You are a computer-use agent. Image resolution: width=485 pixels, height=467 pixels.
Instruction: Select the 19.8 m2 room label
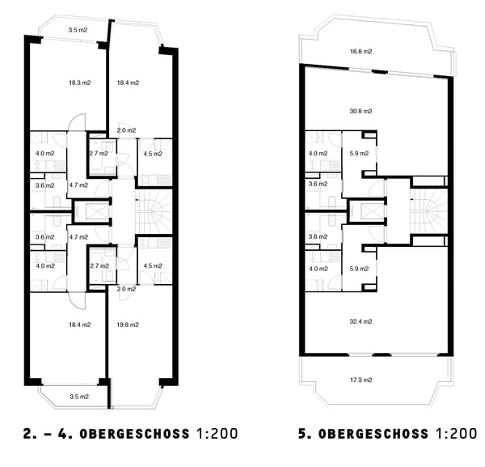128,325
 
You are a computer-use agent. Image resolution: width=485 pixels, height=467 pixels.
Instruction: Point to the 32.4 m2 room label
361,321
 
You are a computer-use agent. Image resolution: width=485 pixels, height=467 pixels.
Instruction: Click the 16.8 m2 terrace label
361,52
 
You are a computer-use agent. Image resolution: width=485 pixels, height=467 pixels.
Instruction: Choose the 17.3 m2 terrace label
361,380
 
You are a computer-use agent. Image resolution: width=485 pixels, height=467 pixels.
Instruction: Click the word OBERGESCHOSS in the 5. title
374,434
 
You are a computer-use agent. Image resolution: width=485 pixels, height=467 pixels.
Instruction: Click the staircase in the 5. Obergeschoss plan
428,210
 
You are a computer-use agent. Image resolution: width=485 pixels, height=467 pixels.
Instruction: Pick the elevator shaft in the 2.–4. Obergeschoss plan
90,212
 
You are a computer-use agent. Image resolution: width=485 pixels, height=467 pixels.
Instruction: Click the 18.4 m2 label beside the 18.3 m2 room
128,83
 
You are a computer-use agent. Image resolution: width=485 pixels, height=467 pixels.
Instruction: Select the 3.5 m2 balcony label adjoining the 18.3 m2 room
78,30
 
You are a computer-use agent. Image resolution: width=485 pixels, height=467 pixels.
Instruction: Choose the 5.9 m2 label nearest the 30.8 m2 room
359,153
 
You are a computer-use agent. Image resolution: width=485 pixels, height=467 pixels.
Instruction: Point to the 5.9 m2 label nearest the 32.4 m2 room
359,270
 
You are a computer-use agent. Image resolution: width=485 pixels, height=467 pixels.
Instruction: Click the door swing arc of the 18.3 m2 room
74,123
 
